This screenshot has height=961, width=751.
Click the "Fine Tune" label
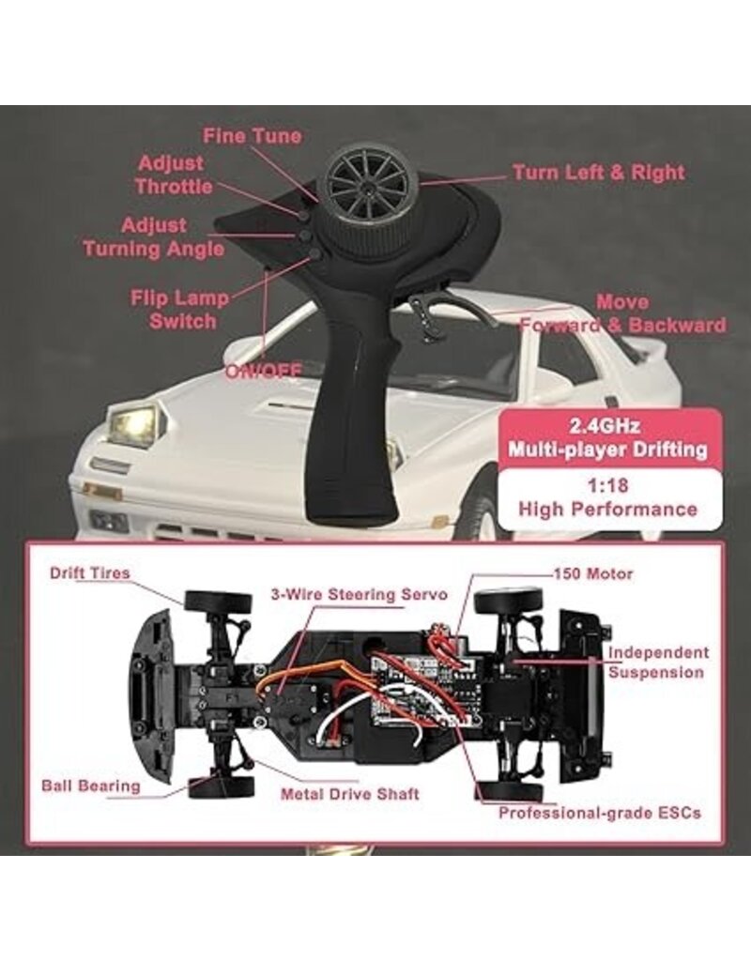click(x=253, y=136)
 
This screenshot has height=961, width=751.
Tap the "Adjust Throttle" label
click(x=174, y=175)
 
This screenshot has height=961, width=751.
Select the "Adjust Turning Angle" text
click(x=154, y=236)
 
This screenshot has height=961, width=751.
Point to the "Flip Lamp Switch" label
click(x=179, y=310)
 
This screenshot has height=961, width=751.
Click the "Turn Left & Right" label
click(x=598, y=173)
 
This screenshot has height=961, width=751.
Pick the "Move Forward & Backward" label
click(x=622, y=314)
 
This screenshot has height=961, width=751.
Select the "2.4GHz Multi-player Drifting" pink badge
click(x=607, y=436)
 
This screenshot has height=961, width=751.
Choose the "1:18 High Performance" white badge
click(x=609, y=498)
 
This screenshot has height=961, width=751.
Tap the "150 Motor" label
click(x=593, y=573)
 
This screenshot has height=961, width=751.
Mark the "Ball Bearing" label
click(x=90, y=785)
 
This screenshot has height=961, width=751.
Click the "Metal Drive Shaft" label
click(x=349, y=793)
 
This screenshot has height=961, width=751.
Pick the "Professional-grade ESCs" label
click(x=599, y=813)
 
